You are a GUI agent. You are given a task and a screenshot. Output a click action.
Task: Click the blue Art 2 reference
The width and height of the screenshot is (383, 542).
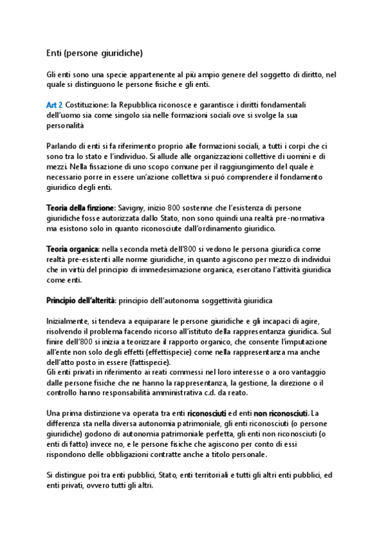pos(54,104)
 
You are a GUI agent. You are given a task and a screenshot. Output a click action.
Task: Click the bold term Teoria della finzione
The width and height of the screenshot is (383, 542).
pos(80,208)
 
